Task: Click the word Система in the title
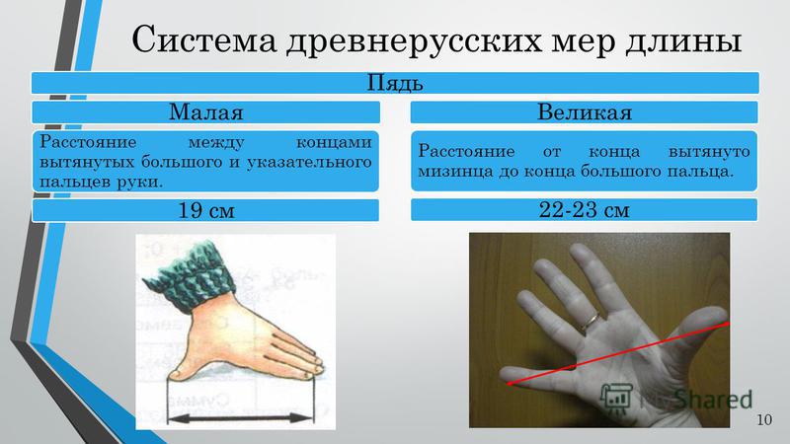(204, 39)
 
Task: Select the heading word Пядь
(394, 83)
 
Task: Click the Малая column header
(206, 111)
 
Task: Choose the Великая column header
(585, 111)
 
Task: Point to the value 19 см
(206, 210)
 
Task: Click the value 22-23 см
(584, 209)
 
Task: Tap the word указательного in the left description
(309, 163)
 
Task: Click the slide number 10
(763, 419)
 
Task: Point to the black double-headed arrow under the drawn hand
(240, 417)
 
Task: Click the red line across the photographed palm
(619, 353)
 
